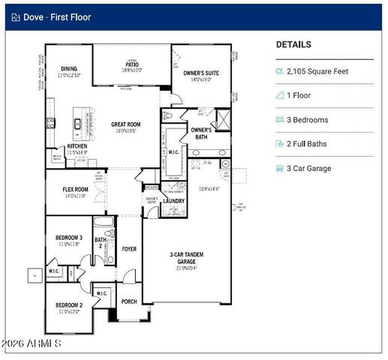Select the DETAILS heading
click(x=293, y=45)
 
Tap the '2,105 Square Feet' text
click(x=317, y=71)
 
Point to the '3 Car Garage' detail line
click(x=308, y=169)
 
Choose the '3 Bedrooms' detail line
click(x=307, y=120)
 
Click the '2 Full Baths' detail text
click(x=308, y=144)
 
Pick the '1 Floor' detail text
click(x=299, y=96)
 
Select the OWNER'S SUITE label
click(x=200, y=76)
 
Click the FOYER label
click(x=129, y=249)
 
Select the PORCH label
click(x=129, y=302)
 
